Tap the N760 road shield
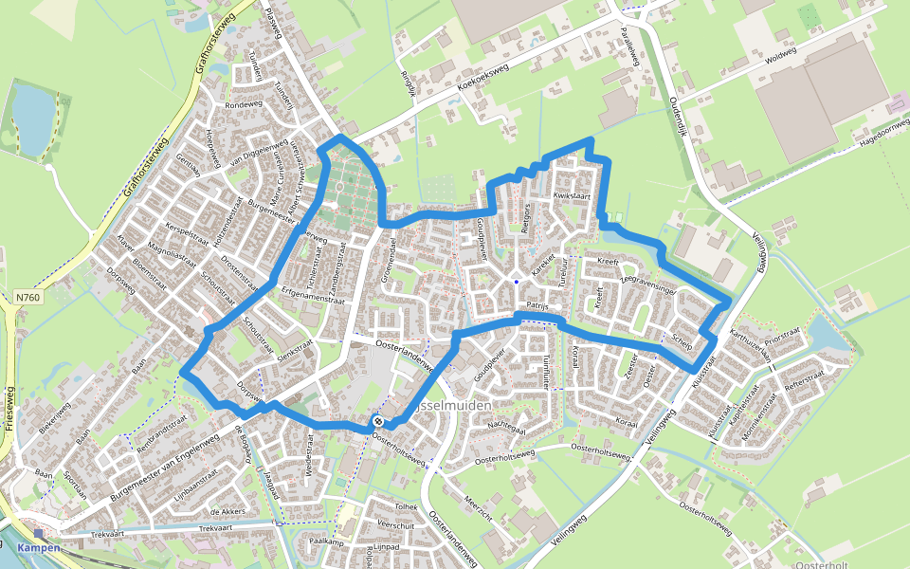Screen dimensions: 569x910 [x=28, y=298]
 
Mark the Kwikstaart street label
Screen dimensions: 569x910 [x=572, y=196]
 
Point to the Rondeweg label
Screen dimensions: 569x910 [x=243, y=104]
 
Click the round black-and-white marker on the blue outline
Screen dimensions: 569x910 [x=378, y=421]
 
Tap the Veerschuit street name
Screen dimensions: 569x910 [x=397, y=523]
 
